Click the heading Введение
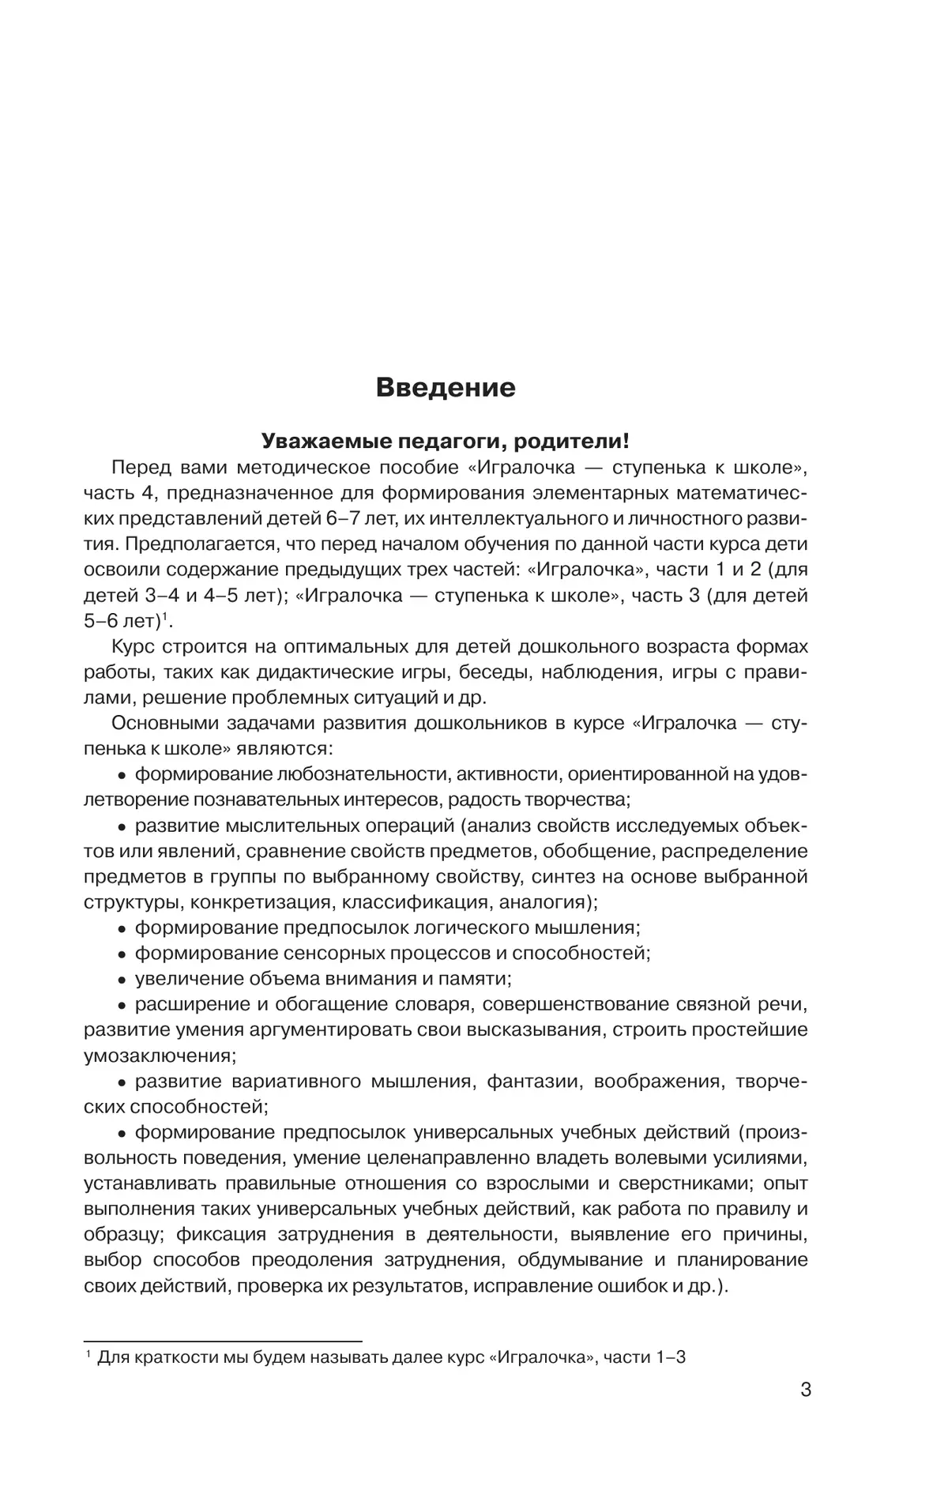pyautogui.click(x=445, y=388)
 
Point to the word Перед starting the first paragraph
pyautogui.click(x=141, y=467)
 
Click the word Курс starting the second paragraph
pyautogui.click(x=134, y=646)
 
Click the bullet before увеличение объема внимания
pyautogui.click(x=122, y=980)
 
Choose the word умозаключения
pyautogui.click(x=158, y=1055)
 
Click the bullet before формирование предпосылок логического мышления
pyautogui.click(x=122, y=928)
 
